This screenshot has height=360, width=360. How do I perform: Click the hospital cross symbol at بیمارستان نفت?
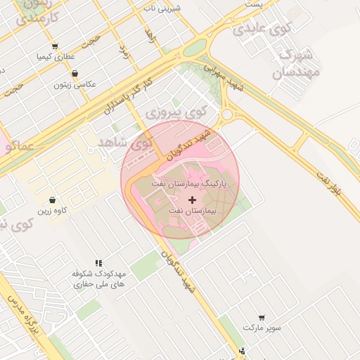[193, 200]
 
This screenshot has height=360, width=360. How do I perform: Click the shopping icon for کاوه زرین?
[53, 200]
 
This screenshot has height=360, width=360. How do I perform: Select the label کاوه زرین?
[53, 210]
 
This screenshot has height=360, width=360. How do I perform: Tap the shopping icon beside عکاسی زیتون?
[75, 73]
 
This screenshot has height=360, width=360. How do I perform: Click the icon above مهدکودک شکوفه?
[98, 262]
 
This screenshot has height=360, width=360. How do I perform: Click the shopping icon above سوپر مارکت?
[262, 318]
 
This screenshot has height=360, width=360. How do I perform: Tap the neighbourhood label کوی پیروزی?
[176, 112]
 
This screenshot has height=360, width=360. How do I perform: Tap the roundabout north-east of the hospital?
[226, 114]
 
